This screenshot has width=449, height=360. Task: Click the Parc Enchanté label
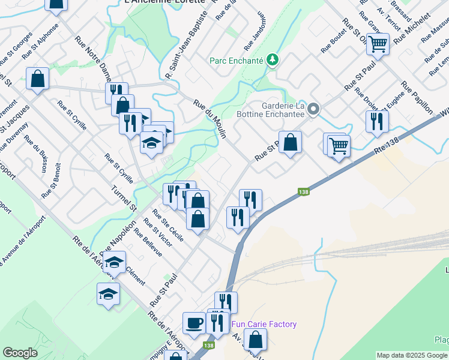(237, 60)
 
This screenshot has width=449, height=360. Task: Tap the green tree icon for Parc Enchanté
(273, 59)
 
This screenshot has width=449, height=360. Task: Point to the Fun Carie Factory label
(264, 324)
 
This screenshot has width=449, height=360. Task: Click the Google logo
(20, 353)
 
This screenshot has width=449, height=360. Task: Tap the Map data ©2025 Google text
(412, 355)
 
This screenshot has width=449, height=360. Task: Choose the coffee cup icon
(194, 323)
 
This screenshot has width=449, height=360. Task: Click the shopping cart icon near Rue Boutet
(378, 43)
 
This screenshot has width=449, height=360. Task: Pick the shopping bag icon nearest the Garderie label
(290, 142)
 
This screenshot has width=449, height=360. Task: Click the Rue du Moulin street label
(209, 119)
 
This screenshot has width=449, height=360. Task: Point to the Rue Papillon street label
(417, 97)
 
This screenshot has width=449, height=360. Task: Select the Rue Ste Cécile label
(168, 224)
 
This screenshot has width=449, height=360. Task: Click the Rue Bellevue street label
(148, 242)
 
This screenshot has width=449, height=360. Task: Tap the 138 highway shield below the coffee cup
(208, 346)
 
